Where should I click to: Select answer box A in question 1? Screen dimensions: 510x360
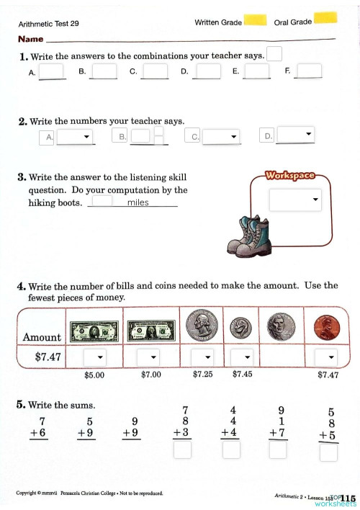point(52,71)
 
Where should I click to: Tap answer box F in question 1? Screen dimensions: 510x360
point(310,71)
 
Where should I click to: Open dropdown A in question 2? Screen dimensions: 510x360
point(76,137)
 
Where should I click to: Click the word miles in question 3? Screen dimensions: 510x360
point(138,203)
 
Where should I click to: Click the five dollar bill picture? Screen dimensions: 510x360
point(94,331)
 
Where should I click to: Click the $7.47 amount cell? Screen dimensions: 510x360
point(42,357)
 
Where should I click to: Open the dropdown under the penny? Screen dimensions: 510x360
point(328,357)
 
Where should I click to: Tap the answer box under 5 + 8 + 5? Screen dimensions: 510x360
point(329,453)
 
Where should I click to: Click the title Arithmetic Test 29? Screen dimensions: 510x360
point(49,23)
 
